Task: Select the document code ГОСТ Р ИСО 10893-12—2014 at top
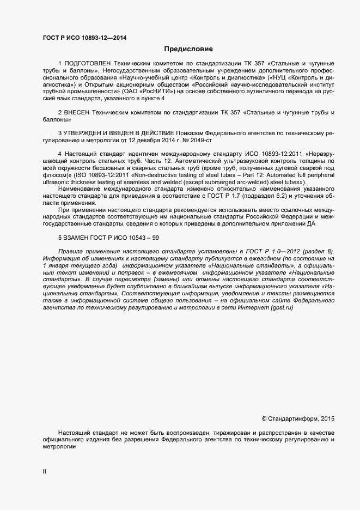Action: point(84,38)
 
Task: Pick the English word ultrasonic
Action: point(56,182)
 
